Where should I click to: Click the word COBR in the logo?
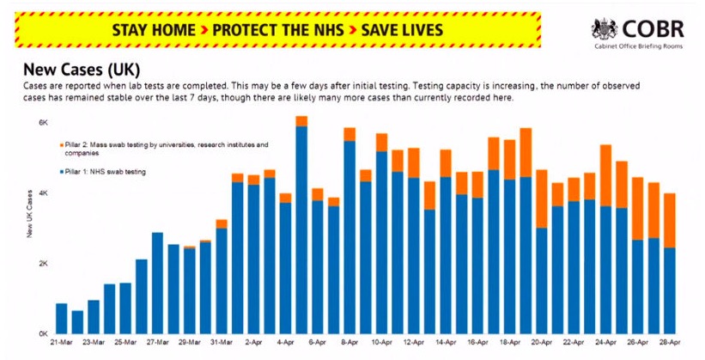coord(654,27)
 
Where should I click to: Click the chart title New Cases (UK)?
coord(82,69)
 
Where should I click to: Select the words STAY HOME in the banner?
coord(153,30)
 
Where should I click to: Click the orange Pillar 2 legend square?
coord(62,145)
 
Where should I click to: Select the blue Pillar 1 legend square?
coord(62,172)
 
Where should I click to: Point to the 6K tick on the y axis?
coord(43,123)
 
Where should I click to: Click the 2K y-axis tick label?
coord(43,263)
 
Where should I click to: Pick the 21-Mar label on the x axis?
coord(62,343)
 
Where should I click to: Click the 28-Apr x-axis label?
coord(670,343)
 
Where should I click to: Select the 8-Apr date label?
coord(349,343)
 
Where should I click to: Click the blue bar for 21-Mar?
coord(62,318)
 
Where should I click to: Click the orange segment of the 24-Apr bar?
coord(605,175)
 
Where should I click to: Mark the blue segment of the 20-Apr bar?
coord(542,280)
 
